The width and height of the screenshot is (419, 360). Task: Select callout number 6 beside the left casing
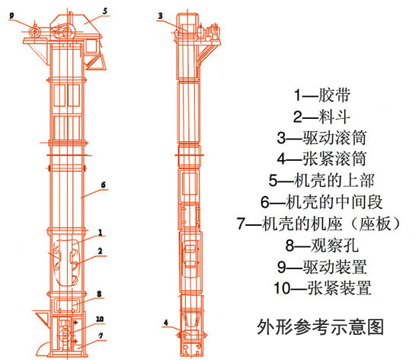click(103, 185)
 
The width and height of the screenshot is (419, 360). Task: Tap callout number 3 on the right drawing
click(160, 15)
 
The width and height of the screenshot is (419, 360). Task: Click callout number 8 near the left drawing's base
click(100, 294)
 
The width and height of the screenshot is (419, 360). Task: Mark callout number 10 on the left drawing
click(99, 320)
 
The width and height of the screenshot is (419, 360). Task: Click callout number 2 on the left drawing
click(100, 251)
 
